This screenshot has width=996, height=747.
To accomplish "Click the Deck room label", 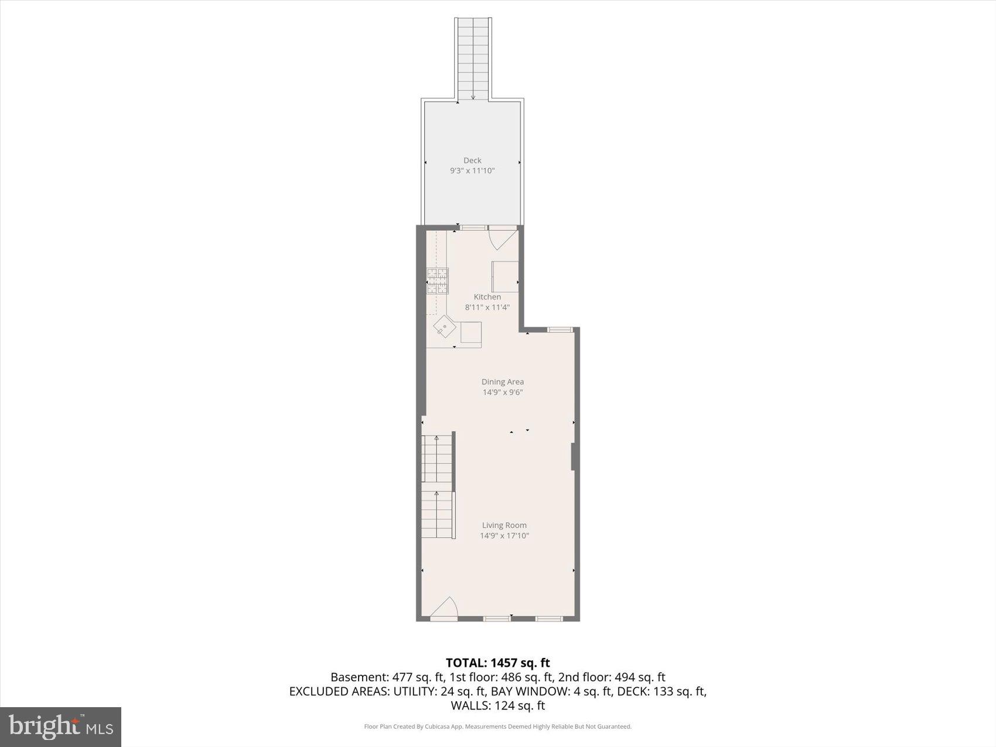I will click(x=472, y=160).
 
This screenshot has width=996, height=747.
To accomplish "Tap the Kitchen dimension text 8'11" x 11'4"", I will click(x=487, y=307).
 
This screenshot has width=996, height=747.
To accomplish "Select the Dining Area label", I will click(x=503, y=381).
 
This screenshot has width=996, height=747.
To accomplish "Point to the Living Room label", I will click(x=504, y=525).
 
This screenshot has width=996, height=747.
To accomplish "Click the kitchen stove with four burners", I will click(x=437, y=281).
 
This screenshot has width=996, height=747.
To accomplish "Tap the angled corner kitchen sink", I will click(x=445, y=327).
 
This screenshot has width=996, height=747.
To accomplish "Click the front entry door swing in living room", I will click(x=445, y=609).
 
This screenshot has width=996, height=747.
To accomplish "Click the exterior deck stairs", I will click(x=473, y=59).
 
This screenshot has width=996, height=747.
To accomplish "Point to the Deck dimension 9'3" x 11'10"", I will click(x=472, y=170).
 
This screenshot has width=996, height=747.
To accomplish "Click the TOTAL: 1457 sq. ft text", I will click(x=498, y=663).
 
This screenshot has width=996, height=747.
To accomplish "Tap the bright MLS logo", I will click(x=60, y=727).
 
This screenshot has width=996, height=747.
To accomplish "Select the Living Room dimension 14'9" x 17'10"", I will click(x=504, y=535).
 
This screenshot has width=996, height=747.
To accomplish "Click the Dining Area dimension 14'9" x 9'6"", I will click(x=503, y=392).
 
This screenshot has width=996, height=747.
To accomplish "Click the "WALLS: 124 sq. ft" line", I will click(x=498, y=705).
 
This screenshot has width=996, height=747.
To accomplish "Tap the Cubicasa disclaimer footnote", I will click(x=498, y=726).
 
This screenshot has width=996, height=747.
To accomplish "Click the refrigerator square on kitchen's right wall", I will click(x=505, y=277).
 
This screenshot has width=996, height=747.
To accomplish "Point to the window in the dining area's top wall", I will click(x=560, y=329).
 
